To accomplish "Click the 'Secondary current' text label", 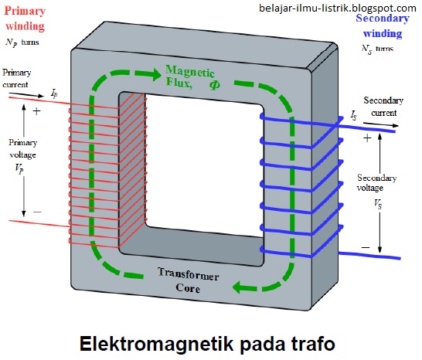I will tap(383, 107).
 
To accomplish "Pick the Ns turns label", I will tap(377, 48).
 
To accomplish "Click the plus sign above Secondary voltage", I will tap(366, 138).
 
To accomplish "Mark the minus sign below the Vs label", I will tap(366, 248).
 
